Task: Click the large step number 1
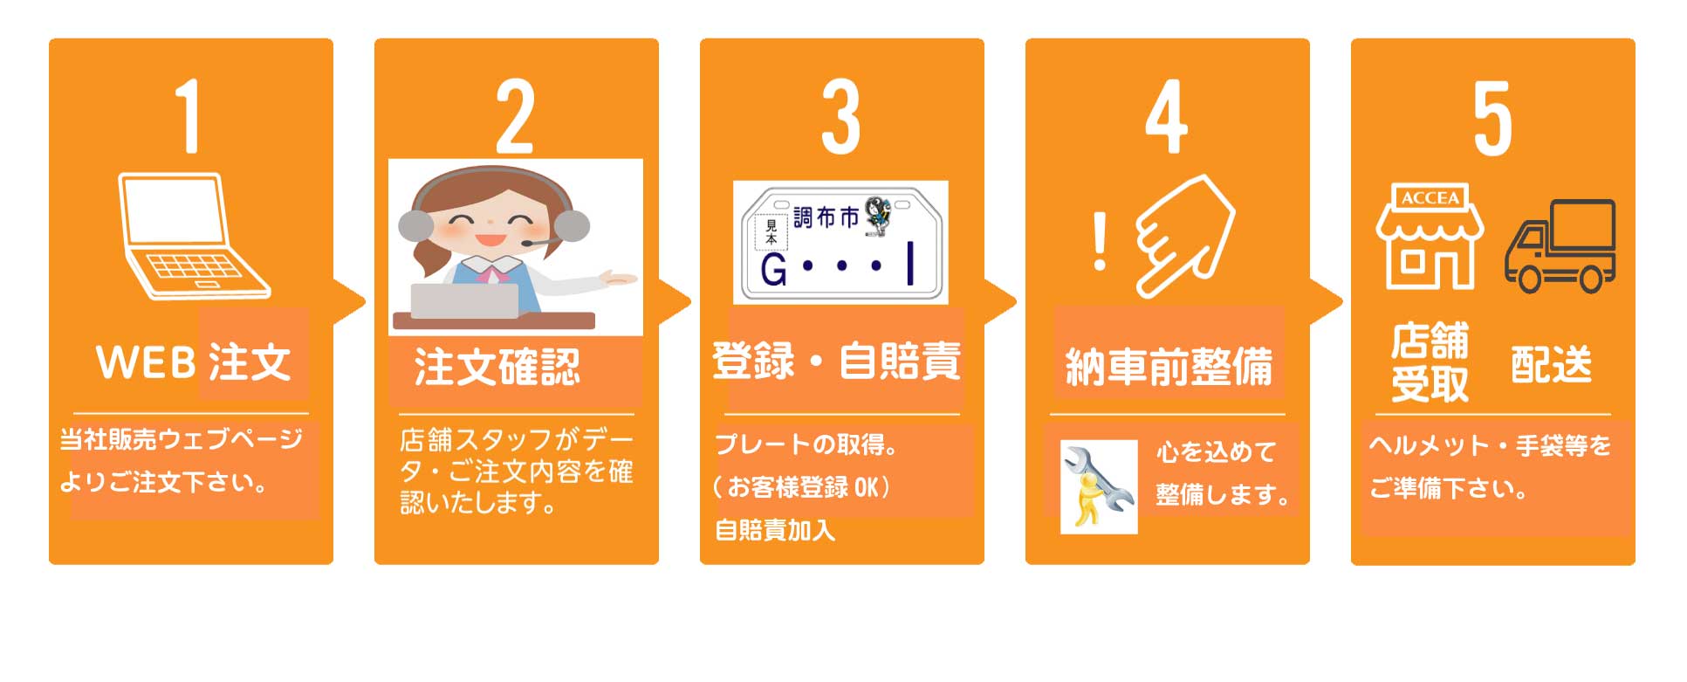click(189, 116)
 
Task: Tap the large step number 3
click(840, 117)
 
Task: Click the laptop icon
click(194, 236)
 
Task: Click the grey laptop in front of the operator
click(465, 300)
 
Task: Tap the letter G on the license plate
click(773, 270)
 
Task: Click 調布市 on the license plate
click(826, 217)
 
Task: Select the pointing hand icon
click(1184, 236)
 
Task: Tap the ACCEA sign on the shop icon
click(1430, 198)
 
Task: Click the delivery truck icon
click(1560, 245)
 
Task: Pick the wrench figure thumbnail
click(1099, 486)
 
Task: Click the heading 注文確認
click(497, 367)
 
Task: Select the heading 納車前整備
click(1169, 366)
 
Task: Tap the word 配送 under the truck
click(1551, 364)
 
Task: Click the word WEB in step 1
click(146, 362)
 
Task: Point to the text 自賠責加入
click(775, 529)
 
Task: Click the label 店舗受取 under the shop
click(1430, 362)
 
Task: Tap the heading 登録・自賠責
click(836, 361)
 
